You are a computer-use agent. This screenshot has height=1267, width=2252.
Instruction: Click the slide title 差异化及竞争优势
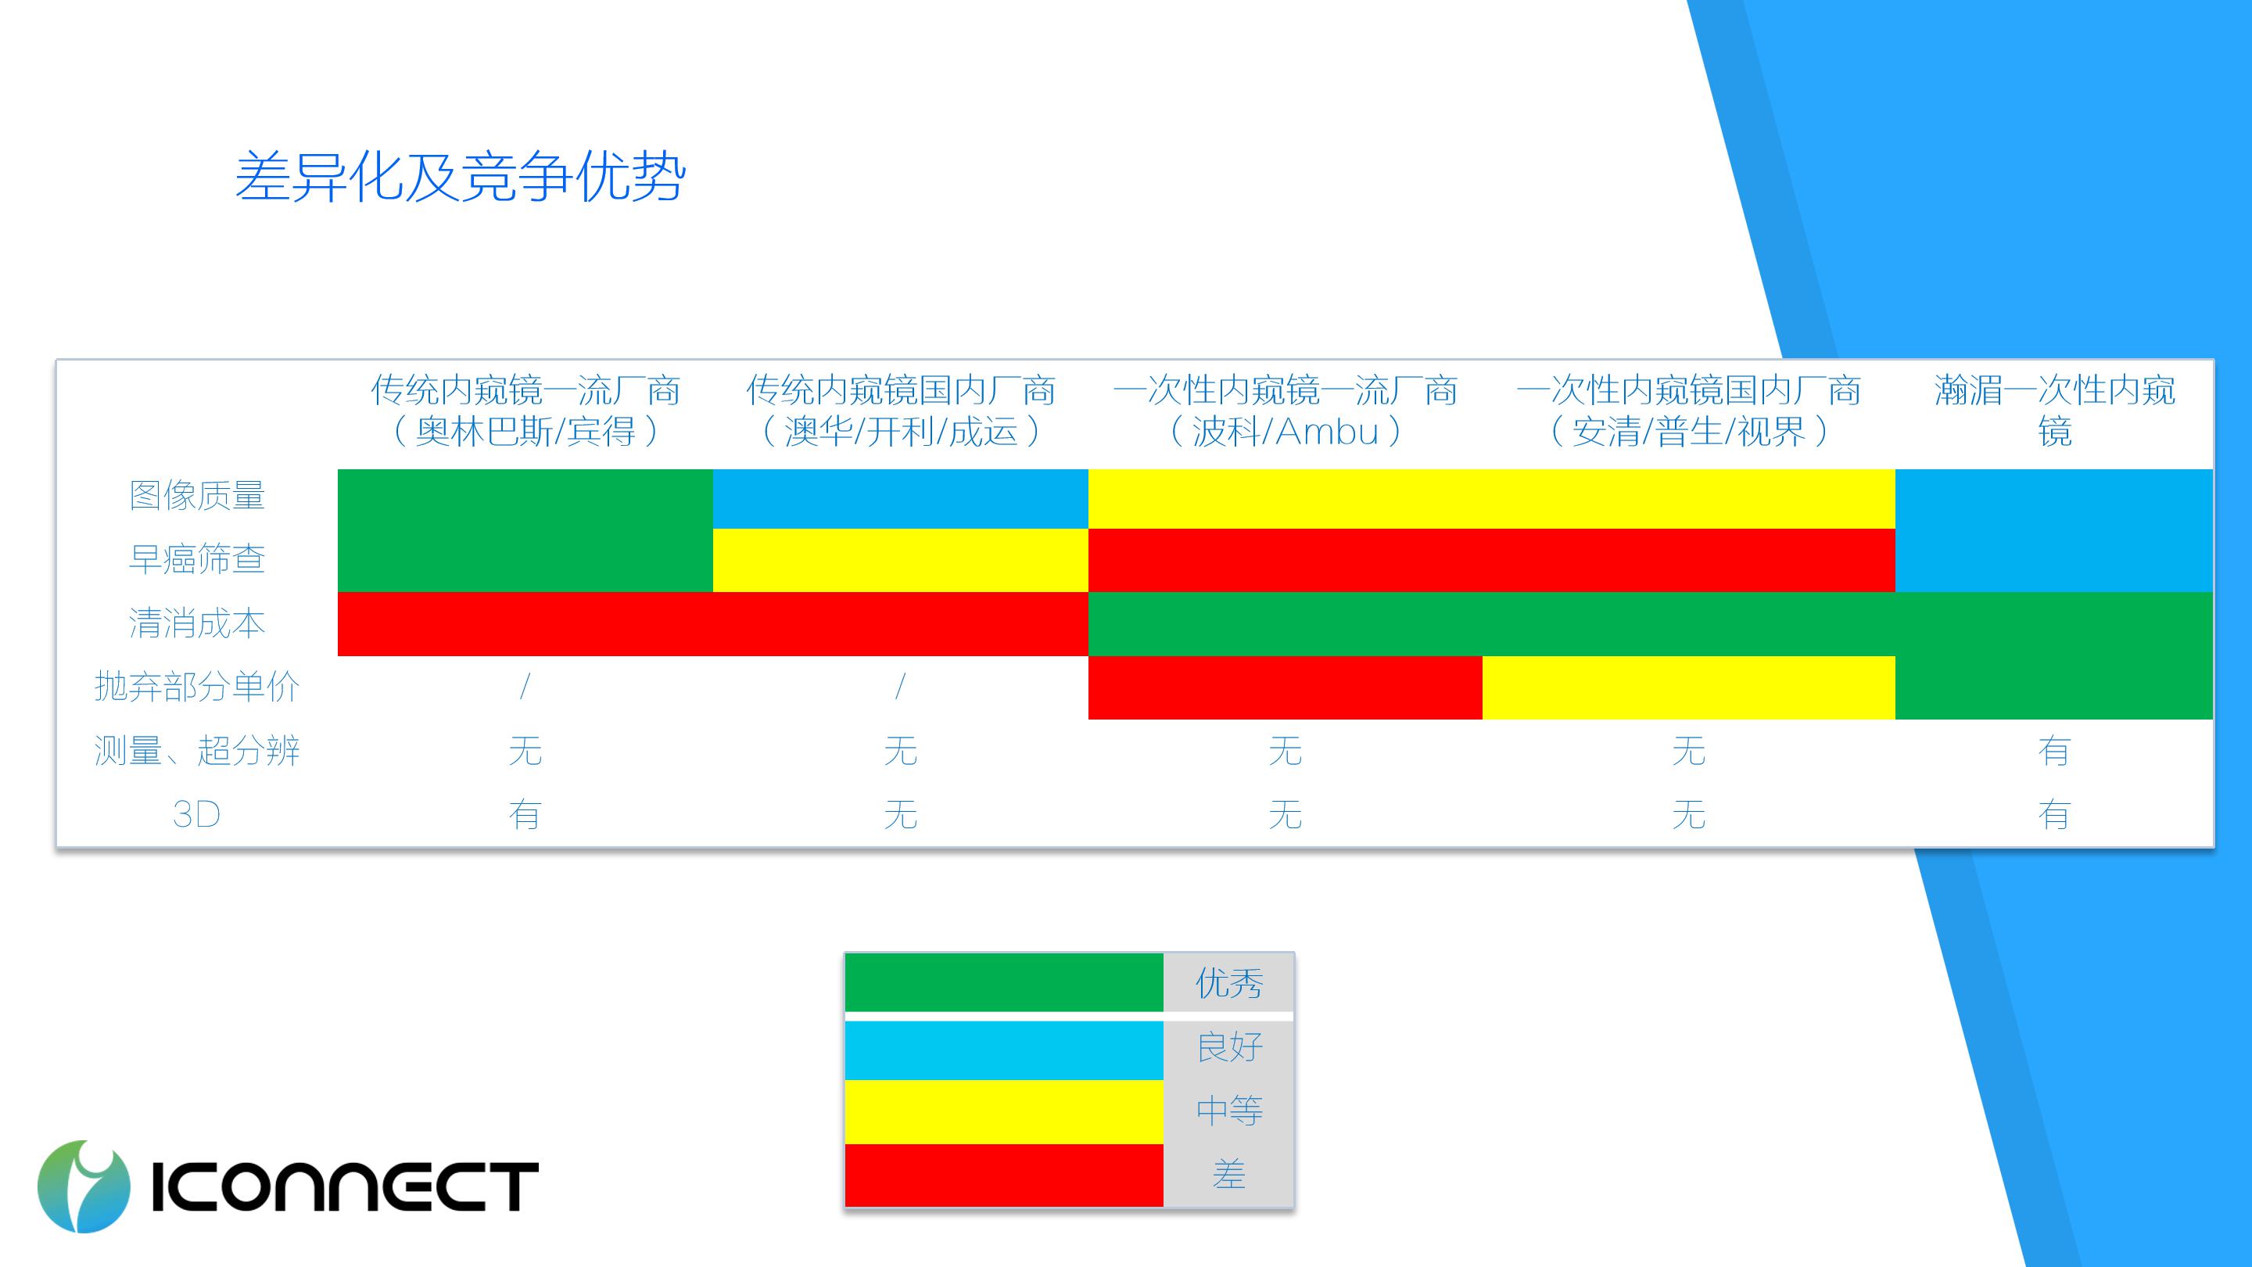point(460,178)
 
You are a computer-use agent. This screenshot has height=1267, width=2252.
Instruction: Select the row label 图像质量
point(197,496)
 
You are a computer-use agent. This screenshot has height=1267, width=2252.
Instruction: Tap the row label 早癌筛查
point(197,558)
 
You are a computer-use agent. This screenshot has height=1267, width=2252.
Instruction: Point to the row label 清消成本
point(197,623)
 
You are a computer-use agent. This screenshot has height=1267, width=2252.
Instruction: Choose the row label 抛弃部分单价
point(197,687)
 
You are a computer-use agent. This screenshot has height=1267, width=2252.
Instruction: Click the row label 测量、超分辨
point(197,751)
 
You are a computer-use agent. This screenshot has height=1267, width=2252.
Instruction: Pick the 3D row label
point(197,815)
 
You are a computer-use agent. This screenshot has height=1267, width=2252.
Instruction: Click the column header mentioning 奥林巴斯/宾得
point(525,410)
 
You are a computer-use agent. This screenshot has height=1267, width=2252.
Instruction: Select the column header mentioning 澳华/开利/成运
point(901,410)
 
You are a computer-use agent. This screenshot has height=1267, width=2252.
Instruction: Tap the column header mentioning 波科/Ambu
point(1285,410)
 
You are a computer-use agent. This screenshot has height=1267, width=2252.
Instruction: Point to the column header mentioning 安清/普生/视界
point(1689,410)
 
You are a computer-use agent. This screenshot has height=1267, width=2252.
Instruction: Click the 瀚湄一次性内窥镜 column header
point(2054,410)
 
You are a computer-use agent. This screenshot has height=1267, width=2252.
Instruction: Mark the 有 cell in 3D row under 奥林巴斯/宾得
point(525,815)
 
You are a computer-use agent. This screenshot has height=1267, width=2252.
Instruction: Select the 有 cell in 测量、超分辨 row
point(2054,751)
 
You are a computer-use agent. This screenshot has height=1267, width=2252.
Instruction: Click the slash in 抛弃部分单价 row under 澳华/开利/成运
point(901,687)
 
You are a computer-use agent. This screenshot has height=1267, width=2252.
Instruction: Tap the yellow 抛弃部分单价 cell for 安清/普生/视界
point(1689,687)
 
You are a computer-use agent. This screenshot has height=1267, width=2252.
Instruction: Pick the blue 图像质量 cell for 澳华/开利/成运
point(901,499)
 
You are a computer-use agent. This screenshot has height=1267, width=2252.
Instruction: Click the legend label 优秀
point(1229,984)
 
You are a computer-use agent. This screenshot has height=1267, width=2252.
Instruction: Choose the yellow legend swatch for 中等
point(1003,1112)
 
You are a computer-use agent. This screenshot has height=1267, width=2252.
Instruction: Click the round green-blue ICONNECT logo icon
point(84,1186)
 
